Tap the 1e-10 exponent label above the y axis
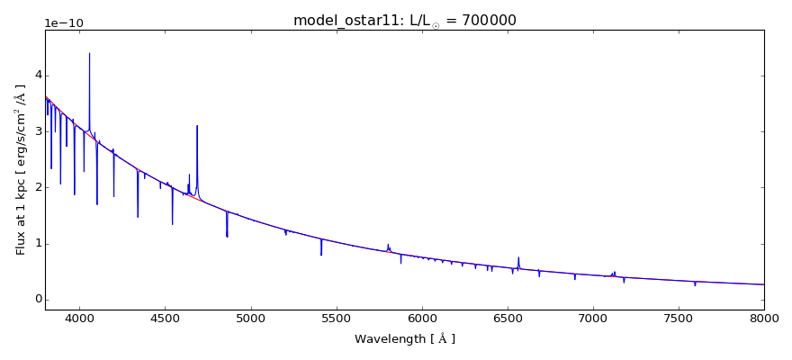coord(65,22)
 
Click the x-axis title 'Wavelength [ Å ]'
coord(404,339)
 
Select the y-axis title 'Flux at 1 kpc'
coord(21,169)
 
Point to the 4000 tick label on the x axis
coord(79,319)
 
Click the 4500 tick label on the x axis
coord(165,319)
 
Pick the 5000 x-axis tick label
coord(250,319)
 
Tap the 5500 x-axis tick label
coord(336,319)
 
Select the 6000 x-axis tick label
coord(421,319)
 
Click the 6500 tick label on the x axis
coord(508,319)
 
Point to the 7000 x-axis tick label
coord(593,319)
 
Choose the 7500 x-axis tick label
coord(679,319)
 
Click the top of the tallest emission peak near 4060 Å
coord(89,54)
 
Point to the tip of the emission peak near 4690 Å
coord(197,126)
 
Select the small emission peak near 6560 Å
coord(518,257)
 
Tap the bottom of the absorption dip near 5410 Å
coord(321,255)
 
